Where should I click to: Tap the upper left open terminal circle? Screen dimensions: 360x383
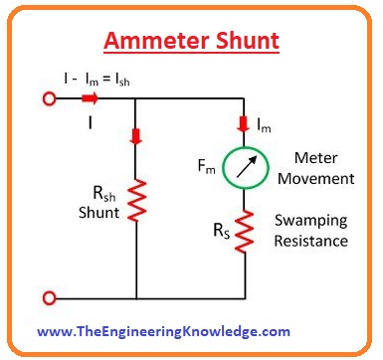(x=45, y=98)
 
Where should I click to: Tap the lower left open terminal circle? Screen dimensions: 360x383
(x=45, y=297)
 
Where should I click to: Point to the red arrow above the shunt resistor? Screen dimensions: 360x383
(x=135, y=135)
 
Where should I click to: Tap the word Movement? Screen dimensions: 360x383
(x=317, y=180)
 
